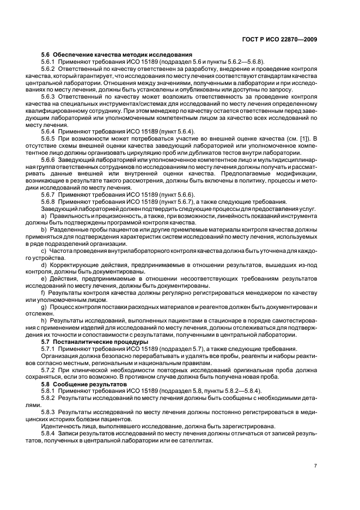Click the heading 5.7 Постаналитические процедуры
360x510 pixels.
click(x=95, y=342)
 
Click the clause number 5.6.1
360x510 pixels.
click(x=49, y=63)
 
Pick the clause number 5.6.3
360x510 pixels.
click(x=49, y=96)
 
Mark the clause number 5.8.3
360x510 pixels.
click(x=49, y=412)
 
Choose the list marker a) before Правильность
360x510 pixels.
click(x=45, y=216)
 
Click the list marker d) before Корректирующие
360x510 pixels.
click(x=45, y=264)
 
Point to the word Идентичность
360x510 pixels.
click(x=63, y=427)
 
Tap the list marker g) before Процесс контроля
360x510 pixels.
click(x=45, y=307)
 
